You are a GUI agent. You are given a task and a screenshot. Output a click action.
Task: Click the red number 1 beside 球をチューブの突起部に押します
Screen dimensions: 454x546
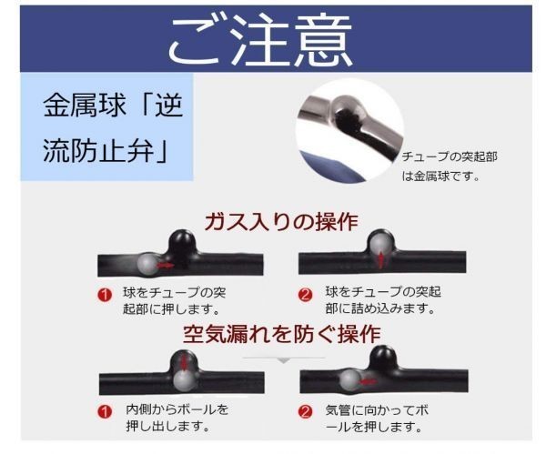pyautogui.click(x=106, y=295)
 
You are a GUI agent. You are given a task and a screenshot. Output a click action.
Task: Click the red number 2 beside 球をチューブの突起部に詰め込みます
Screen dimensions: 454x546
pyautogui.click(x=306, y=295)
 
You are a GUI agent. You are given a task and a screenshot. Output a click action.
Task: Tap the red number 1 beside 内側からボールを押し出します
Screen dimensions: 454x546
pyautogui.click(x=106, y=409)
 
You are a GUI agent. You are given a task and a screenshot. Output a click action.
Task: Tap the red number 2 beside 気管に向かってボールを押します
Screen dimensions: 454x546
pyautogui.click(x=306, y=409)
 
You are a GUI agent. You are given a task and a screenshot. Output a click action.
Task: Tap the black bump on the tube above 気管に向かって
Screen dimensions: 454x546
pyautogui.click(x=386, y=356)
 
